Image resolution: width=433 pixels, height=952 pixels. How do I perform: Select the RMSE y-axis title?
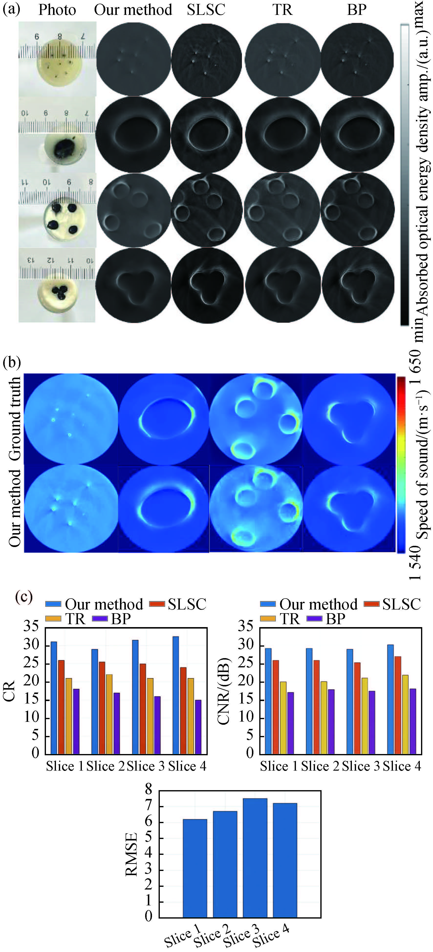coord(131,854)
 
